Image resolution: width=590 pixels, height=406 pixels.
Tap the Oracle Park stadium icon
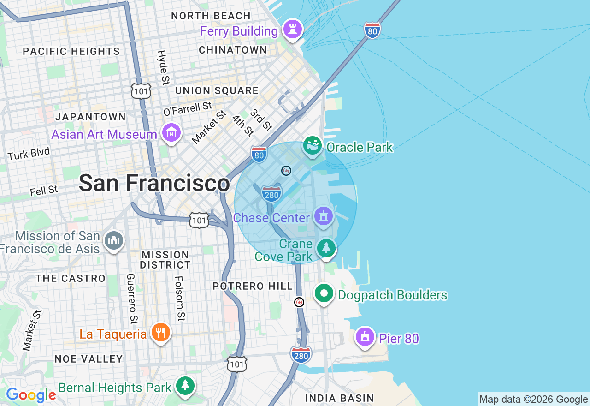[x=313, y=146]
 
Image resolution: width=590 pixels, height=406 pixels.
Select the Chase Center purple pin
[x=324, y=216]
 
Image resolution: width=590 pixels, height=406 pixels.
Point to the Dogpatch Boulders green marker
[x=324, y=293]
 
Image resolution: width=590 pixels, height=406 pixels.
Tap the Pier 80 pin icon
[x=365, y=337]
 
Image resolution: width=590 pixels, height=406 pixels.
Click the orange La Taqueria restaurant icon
[x=160, y=333]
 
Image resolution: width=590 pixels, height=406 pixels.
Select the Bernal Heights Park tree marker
[x=185, y=386]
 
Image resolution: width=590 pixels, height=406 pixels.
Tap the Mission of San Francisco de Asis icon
[x=114, y=240]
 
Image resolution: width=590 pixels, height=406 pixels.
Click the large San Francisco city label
[x=154, y=183]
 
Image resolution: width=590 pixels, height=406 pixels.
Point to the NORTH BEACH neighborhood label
[x=211, y=16]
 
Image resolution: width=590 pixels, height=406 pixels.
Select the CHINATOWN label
[x=233, y=50]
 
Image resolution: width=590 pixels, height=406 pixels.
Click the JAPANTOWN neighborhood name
[x=90, y=117]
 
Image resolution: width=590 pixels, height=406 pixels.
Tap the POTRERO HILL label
[x=253, y=286]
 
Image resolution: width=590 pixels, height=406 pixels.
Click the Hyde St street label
[x=162, y=67]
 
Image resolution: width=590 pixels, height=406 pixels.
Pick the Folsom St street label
[x=180, y=298]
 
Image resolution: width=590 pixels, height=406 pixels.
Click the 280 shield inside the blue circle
[x=271, y=194]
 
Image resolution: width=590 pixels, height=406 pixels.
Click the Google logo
[x=31, y=395]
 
